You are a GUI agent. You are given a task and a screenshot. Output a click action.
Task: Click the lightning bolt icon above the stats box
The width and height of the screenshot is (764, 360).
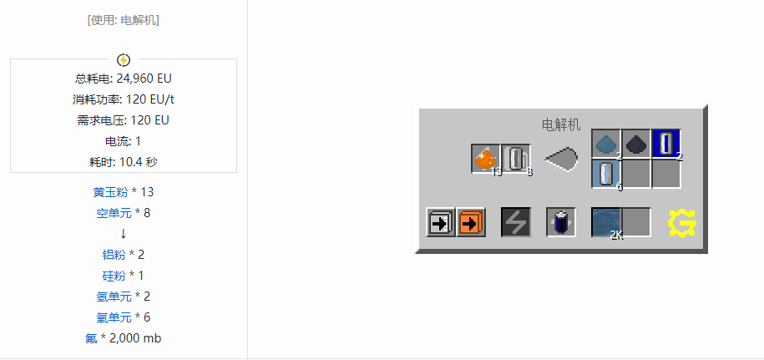124,60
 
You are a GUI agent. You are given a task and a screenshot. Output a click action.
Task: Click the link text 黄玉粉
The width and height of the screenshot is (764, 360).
110,192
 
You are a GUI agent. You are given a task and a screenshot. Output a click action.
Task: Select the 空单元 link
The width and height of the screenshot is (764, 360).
114,213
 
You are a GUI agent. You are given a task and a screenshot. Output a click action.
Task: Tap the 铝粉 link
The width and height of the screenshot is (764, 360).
114,255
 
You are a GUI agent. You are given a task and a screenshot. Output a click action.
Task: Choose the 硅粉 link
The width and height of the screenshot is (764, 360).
114,276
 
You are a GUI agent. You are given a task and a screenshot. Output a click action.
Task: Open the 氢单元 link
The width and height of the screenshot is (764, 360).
114,297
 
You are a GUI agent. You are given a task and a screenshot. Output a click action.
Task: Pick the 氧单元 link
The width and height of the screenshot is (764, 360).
114,317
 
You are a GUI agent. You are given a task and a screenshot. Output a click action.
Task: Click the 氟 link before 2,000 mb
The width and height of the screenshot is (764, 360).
91,338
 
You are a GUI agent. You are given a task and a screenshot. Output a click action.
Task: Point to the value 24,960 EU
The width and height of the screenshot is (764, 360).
144,79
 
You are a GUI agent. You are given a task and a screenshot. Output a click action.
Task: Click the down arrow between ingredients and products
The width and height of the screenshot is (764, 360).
124,234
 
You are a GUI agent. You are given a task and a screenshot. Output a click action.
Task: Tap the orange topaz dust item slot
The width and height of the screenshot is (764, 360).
486,159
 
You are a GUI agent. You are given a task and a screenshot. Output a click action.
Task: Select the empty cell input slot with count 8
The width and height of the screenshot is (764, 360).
515,159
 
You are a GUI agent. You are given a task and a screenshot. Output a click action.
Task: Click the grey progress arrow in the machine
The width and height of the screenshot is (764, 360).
561,159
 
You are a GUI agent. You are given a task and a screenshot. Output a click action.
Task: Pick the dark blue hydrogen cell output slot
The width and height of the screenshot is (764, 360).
666,144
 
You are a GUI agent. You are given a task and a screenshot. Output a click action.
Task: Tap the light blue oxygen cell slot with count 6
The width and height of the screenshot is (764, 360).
606,174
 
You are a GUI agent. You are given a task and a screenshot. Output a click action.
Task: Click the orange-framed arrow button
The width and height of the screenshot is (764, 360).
471,223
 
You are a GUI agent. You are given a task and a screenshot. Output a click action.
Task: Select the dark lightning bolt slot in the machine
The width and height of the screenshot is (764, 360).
516,223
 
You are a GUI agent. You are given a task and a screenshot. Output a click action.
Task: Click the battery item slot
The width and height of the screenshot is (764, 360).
561,223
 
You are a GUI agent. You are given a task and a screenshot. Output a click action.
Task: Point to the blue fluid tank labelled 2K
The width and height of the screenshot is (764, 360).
606,223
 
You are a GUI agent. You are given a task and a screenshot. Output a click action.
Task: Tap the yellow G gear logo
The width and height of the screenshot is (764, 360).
681,224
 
